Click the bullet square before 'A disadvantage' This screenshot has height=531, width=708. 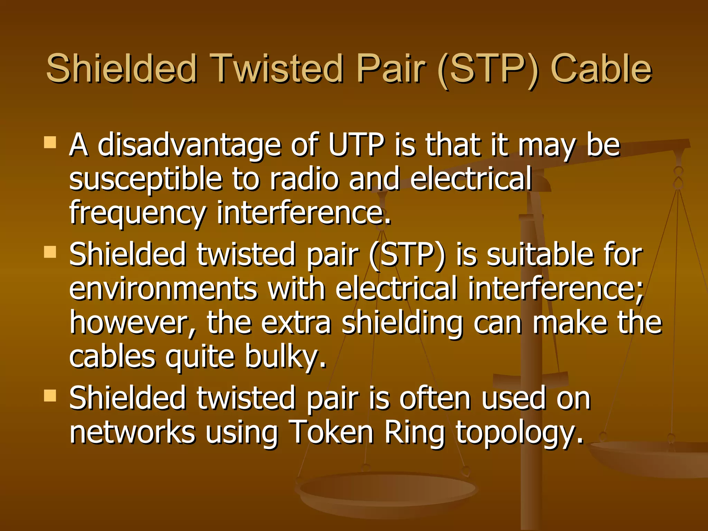click(x=50, y=142)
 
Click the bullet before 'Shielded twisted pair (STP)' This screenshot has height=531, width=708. click(x=50, y=252)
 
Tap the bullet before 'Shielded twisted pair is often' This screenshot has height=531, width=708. click(x=50, y=395)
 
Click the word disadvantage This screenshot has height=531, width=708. click(x=189, y=146)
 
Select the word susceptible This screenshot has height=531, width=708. click(x=145, y=180)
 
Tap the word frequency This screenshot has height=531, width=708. click(x=138, y=214)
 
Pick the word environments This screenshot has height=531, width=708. click(x=163, y=289)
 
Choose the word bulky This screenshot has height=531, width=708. click(x=285, y=357)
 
